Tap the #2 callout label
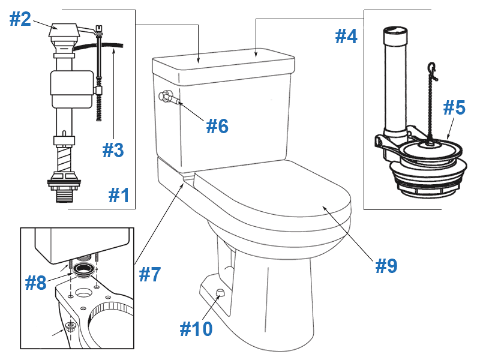tap(20, 19)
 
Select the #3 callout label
tap(113, 149)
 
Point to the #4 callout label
tap(346, 37)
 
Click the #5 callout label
tap(454, 108)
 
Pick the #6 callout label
tap(217, 125)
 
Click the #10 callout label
tap(196, 328)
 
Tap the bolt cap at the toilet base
tap(220, 292)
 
